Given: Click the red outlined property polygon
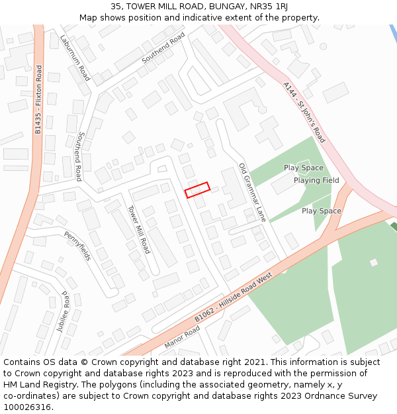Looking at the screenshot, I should pos(197,190).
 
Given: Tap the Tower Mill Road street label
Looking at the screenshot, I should pos(138,229).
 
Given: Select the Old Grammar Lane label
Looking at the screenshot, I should pos(252,192).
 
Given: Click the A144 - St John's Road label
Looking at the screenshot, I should pos(304,113).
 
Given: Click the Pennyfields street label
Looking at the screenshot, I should pos(77,245).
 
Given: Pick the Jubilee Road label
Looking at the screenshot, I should pos(66,311).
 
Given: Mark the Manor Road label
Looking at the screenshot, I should pos(182,337).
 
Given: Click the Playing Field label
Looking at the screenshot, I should pos(316,180).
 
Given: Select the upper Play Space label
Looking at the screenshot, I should pos(303,168).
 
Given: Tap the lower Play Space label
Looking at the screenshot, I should pos(322,211).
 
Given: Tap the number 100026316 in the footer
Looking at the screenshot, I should pos(27,407).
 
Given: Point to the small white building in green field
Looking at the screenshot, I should pos(374,262).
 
